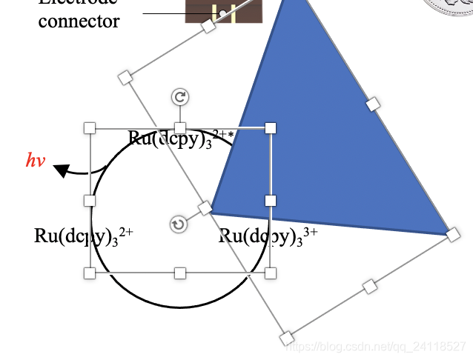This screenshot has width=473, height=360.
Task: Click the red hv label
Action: coord(36,160)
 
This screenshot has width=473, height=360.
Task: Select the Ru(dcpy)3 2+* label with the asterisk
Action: coord(181,139)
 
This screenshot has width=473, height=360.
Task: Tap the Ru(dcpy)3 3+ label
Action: coord(268,236)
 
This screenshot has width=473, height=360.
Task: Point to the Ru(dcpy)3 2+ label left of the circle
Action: coord(84,236)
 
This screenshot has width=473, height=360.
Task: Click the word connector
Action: coord(79,21)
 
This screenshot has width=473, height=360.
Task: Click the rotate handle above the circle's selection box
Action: coord(179,97)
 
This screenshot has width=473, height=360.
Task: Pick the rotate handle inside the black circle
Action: coord(178,224)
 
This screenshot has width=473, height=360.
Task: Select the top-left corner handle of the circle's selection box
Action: coord(90,128)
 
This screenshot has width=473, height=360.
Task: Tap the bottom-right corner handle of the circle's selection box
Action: coord(271,273)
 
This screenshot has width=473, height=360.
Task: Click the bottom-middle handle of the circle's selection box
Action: coord(179,273)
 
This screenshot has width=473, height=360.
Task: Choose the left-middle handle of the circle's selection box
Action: coord(90,201)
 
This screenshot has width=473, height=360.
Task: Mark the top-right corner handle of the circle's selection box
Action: coord(271,128)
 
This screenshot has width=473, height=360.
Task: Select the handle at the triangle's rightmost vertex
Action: coord(453,235)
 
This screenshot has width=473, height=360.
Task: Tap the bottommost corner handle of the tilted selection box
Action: coord(287,339)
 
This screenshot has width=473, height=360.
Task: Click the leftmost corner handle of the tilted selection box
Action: coord(125,76)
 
